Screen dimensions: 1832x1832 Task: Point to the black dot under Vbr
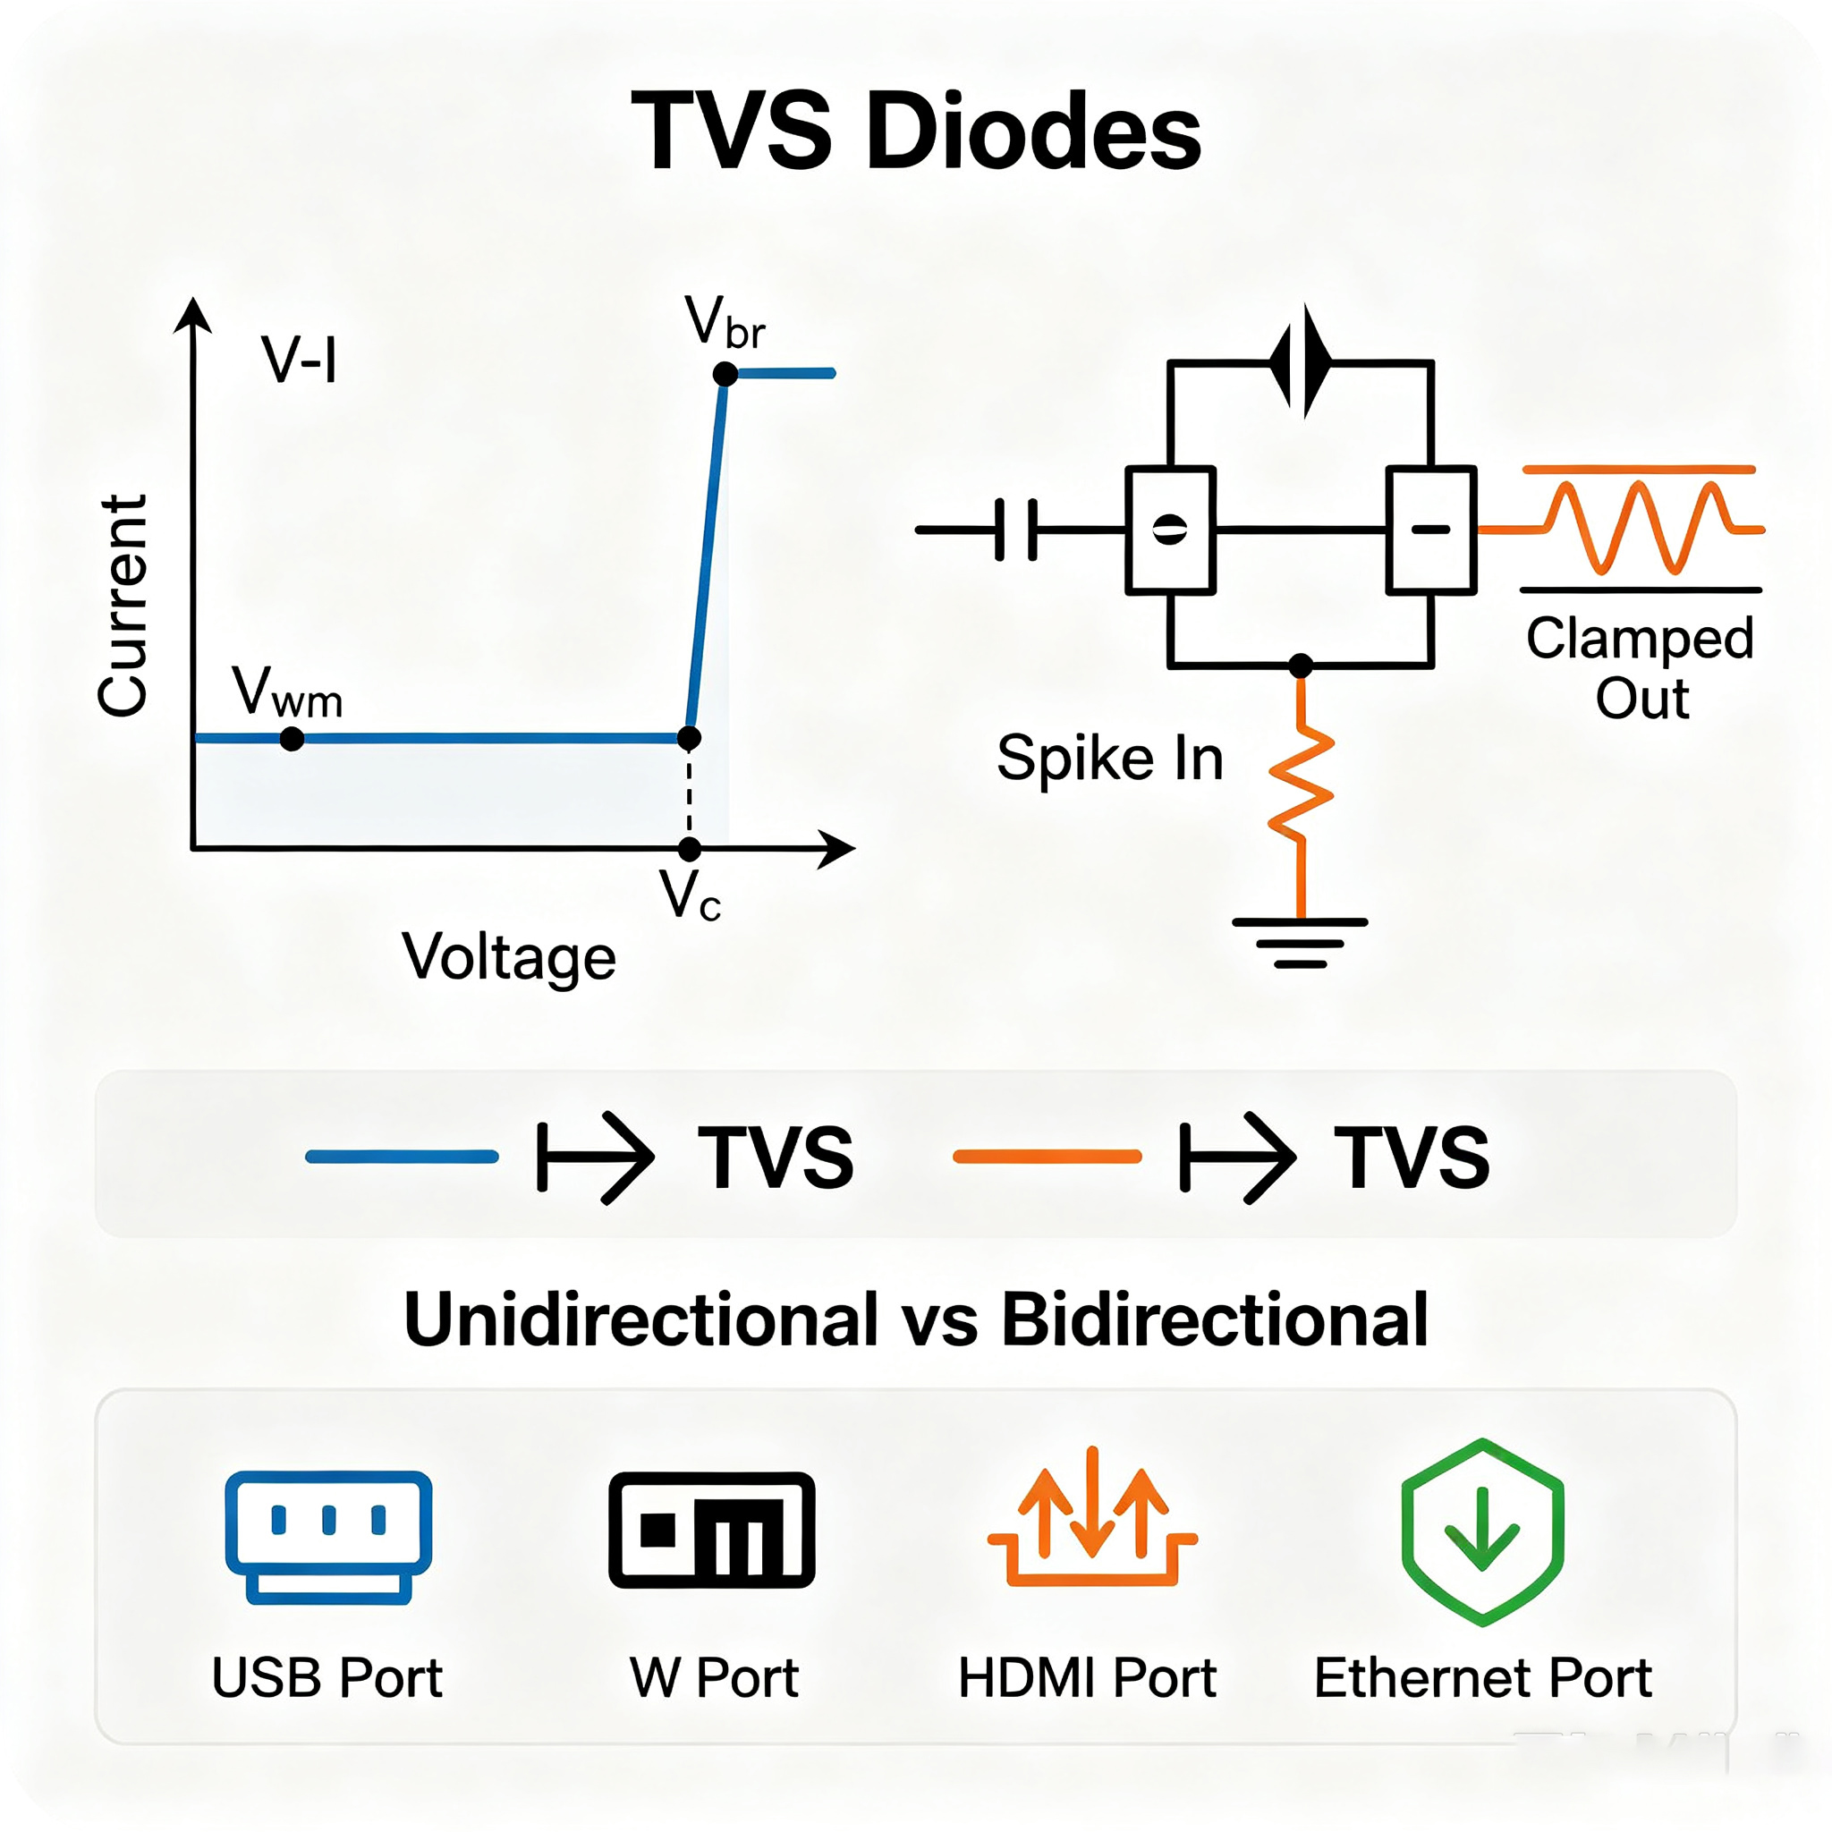725,375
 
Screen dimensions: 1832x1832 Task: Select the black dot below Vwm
292,739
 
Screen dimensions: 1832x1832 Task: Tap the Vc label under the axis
691,895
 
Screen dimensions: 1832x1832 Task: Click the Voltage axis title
509,958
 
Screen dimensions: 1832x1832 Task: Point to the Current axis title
123,606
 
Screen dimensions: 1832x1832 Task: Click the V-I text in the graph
299,360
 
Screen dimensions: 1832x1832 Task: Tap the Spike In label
1110,758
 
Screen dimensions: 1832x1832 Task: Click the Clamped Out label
1641,667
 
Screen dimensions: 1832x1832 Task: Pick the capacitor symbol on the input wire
1017,530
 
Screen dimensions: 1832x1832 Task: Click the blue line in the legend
402,1156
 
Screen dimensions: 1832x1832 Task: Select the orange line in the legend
1047,1156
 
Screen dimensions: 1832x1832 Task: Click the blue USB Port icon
328,1538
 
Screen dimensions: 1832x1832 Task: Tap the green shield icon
1483,1532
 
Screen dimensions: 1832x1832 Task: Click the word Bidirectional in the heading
1215,1319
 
